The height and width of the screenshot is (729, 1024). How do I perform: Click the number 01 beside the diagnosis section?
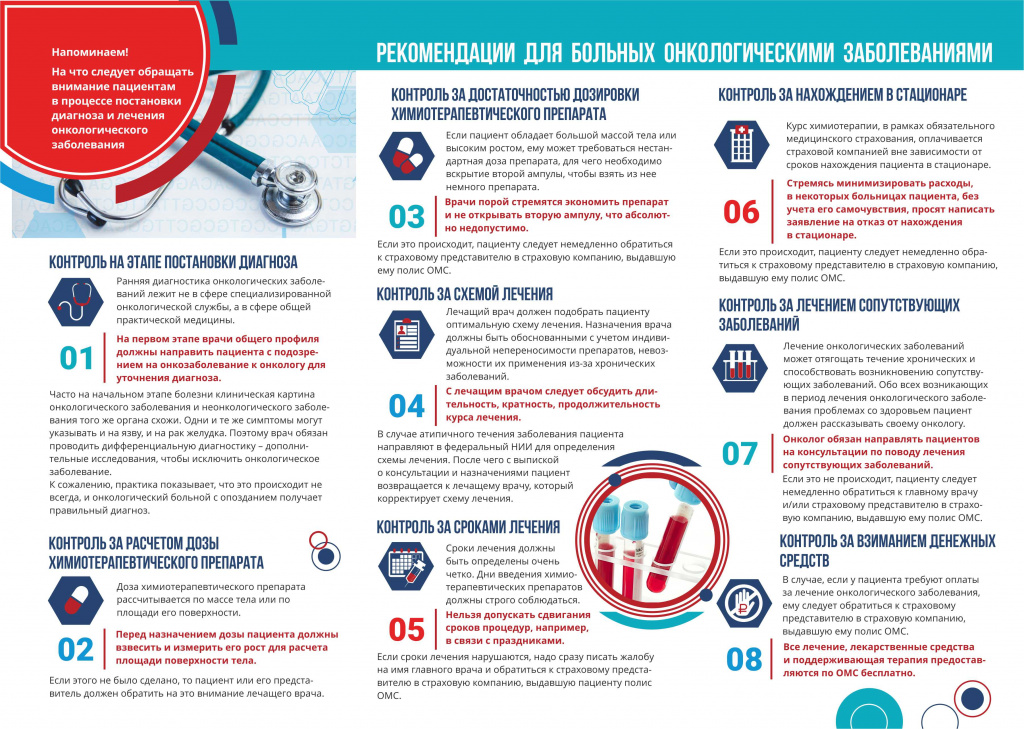76,359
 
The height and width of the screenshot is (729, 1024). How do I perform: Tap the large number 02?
76,650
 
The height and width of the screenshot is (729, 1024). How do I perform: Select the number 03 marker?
407,217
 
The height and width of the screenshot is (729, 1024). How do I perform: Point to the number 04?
407,405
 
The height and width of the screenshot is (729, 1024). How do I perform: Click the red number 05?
407,629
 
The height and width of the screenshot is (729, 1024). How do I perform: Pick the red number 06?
742,212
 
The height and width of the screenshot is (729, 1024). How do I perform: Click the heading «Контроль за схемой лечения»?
464,294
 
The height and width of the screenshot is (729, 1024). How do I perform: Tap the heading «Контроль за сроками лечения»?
468,527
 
